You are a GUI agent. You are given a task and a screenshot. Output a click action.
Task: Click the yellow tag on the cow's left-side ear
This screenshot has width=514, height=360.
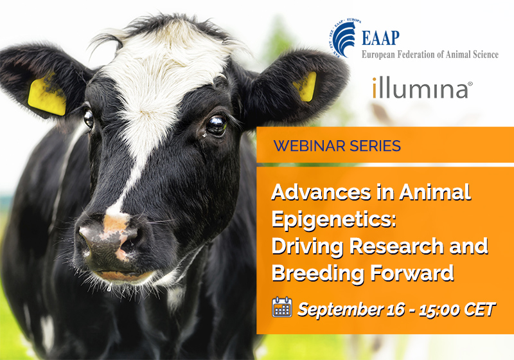[47, 96]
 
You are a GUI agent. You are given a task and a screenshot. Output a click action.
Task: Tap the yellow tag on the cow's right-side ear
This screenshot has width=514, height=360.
[306, 86]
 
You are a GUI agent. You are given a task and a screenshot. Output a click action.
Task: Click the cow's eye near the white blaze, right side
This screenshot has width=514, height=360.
[217, 125]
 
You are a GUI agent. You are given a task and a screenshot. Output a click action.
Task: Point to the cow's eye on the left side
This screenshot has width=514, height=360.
[89, 119]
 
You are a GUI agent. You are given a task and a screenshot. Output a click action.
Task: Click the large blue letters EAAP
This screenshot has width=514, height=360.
[380, 38]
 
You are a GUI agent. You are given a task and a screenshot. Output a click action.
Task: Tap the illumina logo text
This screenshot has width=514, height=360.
[422, 88]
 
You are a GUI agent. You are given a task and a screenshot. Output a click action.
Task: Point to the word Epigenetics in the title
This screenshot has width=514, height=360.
[334, 221]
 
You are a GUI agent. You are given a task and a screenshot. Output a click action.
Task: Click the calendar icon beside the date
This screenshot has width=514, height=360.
[282, 307]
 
